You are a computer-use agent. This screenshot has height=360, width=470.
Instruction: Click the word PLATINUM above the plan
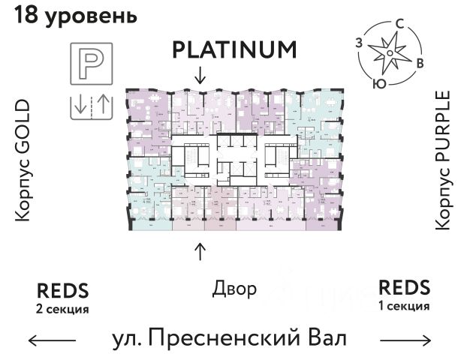click(x=235, y=49)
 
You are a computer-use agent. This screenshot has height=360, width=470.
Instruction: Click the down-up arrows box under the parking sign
click(x=90, y=106)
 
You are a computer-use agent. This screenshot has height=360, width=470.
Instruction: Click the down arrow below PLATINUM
click(x=200, y=74)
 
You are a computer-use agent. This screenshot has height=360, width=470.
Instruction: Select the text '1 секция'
click(x=405, y=306)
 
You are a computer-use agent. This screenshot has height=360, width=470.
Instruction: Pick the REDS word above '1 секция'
click(x=405, y=287)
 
